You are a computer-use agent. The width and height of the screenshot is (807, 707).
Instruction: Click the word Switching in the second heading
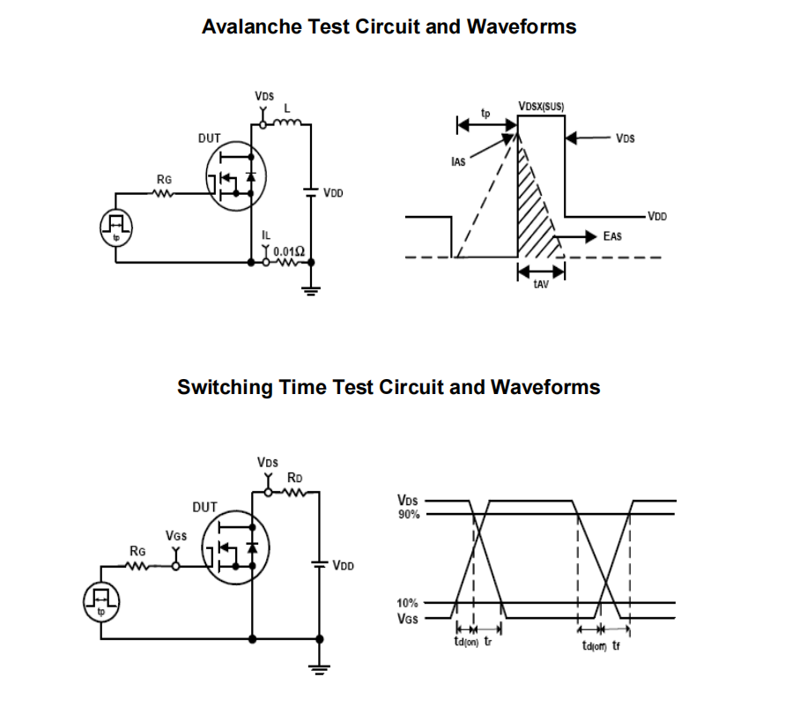click(225, 387)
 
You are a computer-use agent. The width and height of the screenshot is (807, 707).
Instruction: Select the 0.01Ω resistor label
click(288, 250)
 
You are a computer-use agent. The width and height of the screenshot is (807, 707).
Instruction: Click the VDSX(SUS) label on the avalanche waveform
click(541, 107)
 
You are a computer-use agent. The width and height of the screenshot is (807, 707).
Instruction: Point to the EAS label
click(613, 236)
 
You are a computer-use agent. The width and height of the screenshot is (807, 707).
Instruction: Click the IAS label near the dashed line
click(458, 163)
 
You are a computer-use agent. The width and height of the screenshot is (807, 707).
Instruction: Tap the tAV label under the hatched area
click(541, 285)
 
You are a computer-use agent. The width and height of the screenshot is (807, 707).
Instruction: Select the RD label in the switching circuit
click(295, 477)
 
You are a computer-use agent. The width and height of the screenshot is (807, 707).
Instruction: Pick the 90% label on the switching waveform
click(409, 514)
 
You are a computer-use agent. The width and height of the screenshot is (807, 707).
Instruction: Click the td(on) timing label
click(465, 642)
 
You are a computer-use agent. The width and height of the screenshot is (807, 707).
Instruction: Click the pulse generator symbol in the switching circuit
click(100, 601)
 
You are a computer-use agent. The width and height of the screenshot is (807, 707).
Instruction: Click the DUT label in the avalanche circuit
click(210, 138)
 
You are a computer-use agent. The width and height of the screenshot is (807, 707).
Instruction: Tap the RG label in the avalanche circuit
click(165, 179)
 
